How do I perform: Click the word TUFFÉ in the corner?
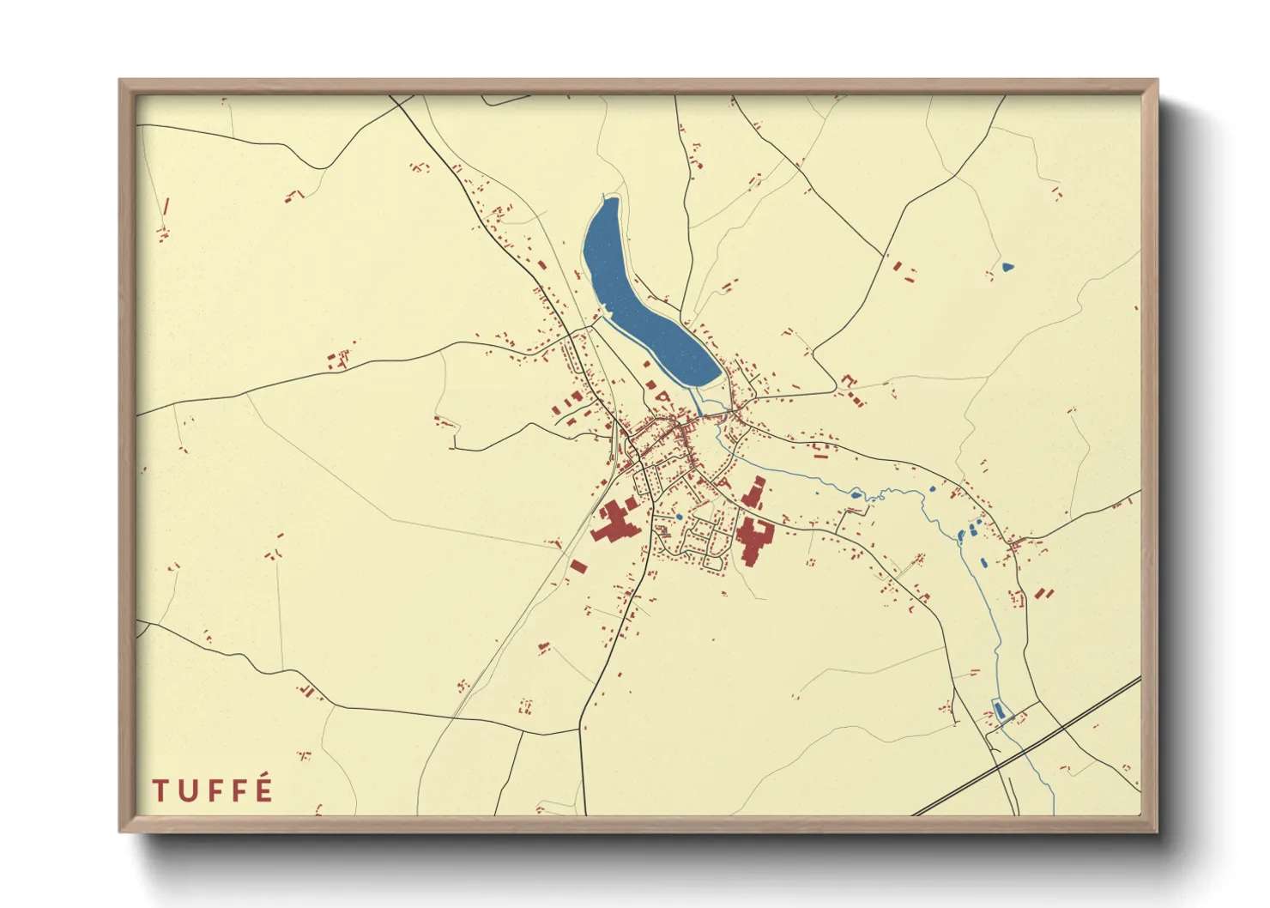(x=213, y=790)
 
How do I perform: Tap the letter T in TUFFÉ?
(x=160, y=790)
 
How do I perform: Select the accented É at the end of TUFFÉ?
(x=264, y=789)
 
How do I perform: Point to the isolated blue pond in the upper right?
(x=1007, y=267)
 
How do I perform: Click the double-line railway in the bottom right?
(x=1030, y=747)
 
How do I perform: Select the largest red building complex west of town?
(x=614, y=524)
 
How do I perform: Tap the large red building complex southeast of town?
(x=753, y=539)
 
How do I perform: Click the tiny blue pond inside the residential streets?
(x=679, y=517)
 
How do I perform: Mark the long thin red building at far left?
(x=166, y=206)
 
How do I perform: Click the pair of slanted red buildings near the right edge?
(x=1043, y=593)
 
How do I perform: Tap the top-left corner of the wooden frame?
(x=121, y=82)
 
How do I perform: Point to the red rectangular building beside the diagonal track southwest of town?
(x=578, y=566)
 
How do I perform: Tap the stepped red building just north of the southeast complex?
(x=754, y=493)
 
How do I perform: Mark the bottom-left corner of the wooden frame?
(x=121, y=830)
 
